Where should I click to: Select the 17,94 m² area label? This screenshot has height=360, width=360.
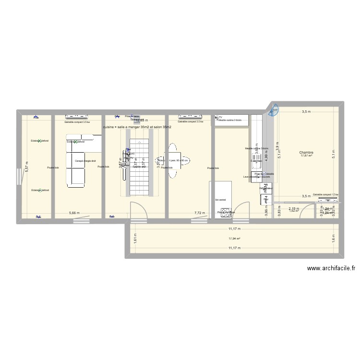[x=234, y=239]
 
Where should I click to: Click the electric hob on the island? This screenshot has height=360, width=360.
[x=225, y=212]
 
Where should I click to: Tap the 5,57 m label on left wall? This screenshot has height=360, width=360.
[x=27, y=165]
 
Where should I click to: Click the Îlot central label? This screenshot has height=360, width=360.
[x=221, y=199]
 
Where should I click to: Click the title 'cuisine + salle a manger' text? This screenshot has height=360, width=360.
[x=137, y=127]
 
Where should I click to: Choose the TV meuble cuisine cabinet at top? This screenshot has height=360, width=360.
[x=233, y=120]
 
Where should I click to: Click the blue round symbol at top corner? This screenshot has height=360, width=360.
[x=275, y=111]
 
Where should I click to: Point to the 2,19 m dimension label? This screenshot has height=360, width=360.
[x=293, y=208]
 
